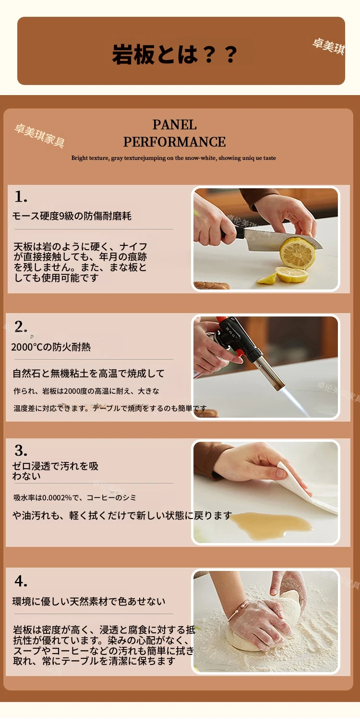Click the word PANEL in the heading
pos(174,125)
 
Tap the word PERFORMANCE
pos(174,142)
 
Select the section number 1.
pos(21,196)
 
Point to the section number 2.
pos(21,327)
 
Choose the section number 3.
pos(21,450)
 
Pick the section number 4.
pos(21,581)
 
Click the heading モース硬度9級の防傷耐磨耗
pos(72,216)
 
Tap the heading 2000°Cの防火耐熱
pos(51,347)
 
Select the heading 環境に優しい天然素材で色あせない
pos(89,602)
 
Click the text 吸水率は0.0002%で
pos(48,498)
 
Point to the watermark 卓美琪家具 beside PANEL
pos(39,135)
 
